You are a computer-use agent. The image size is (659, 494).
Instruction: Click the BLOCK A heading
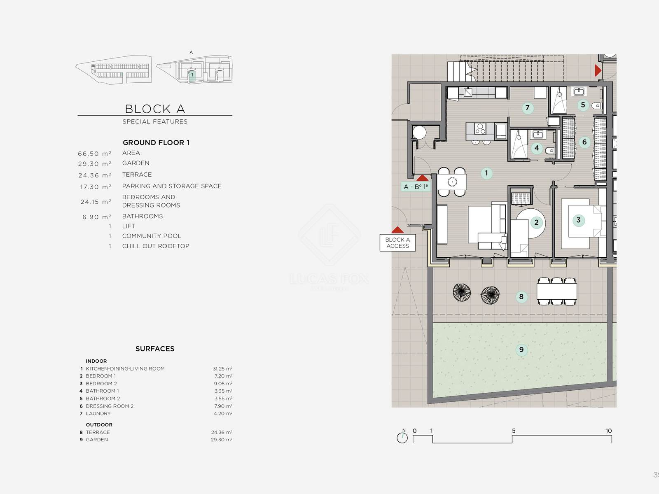click(x=155, y=109)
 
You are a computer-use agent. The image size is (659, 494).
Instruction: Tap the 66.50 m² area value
click(x=95, y=154)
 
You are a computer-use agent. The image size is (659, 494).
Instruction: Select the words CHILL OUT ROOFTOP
click(x=156, y=246)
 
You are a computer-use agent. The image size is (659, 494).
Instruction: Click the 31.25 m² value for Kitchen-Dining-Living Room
click(x=222, y=368)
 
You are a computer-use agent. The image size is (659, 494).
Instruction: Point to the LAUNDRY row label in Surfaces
click(x=98, y=413)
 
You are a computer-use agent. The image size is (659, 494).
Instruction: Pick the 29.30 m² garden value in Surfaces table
click(x=222, y=440)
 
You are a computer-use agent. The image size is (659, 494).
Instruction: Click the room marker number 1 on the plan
click(x=486, y=173)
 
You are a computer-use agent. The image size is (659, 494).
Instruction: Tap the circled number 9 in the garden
click(x=521, y=350)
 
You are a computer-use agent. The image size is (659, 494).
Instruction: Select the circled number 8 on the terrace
click(x=521, y=297)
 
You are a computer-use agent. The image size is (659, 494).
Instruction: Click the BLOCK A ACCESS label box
click(x=397, y=242)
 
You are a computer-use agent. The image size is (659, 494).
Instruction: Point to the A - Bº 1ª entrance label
click(x=416, y=186)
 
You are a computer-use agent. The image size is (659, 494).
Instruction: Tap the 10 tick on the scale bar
click(x=609, y=431)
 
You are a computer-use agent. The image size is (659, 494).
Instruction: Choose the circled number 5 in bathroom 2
click(x=583, y=105)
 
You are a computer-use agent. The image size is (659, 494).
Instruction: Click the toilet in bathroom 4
click(x=550, y=151)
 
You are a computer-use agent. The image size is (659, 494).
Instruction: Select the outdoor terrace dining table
click(x=556, y=291)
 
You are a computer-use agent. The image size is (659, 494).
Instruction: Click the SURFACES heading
click(x=155, y=349)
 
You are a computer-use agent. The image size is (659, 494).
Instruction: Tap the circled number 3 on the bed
click(x=579, y=220)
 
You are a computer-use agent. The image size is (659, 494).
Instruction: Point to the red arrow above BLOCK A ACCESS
click(x=397, y=229)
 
